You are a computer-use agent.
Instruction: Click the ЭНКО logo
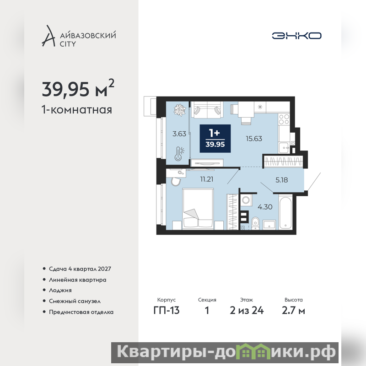tap(296, 36)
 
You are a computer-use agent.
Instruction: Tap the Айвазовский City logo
tap(79, 36)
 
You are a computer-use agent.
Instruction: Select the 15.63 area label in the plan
tap(254, 139)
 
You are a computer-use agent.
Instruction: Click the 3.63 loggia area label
tap(179, 134)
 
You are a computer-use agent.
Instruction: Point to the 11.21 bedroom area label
tap(207, 179)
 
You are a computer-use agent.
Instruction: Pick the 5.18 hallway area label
tap(281, 180)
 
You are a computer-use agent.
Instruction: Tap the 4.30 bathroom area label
tap(265, 207)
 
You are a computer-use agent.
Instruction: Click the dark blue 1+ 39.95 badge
tap(215, 139)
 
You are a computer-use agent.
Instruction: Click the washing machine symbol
tap(246, 200)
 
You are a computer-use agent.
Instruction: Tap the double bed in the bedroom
tap(198, 209)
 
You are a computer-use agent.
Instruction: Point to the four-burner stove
tap(284, 119)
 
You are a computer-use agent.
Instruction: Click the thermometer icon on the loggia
tap(179, 154)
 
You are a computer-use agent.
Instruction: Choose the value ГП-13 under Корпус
tap(167, 311)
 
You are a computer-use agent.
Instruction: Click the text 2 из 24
tap(247, 311)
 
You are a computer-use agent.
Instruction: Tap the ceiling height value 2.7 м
tap(293, 311)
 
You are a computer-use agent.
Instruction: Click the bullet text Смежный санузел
tap(75, 301)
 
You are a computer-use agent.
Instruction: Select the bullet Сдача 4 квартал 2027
tap(80, 269)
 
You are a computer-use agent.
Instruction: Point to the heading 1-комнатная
tap(77, 110)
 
